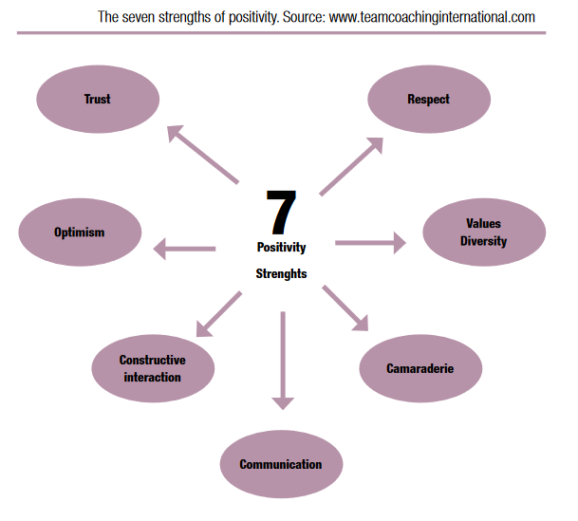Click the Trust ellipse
coord(98,99)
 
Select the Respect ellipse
coord(428,99)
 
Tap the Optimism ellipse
coord(80,233)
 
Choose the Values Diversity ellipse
coord(483,233)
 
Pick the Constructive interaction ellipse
coord(152,368)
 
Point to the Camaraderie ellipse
coord(420,368)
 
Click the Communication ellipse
coord(280,464)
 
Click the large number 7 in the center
coord(281,213)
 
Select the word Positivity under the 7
coord(281,247)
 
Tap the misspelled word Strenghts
coord(281,273)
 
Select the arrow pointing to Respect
coord(352,165)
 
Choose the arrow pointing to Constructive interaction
coord(217,314)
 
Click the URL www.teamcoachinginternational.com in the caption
coord(432,17)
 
